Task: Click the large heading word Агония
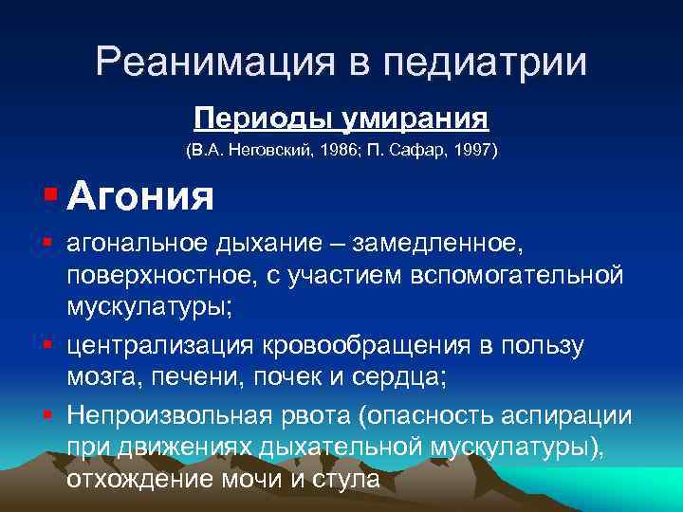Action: pos(140,197)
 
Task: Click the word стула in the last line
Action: pos(345,479)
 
